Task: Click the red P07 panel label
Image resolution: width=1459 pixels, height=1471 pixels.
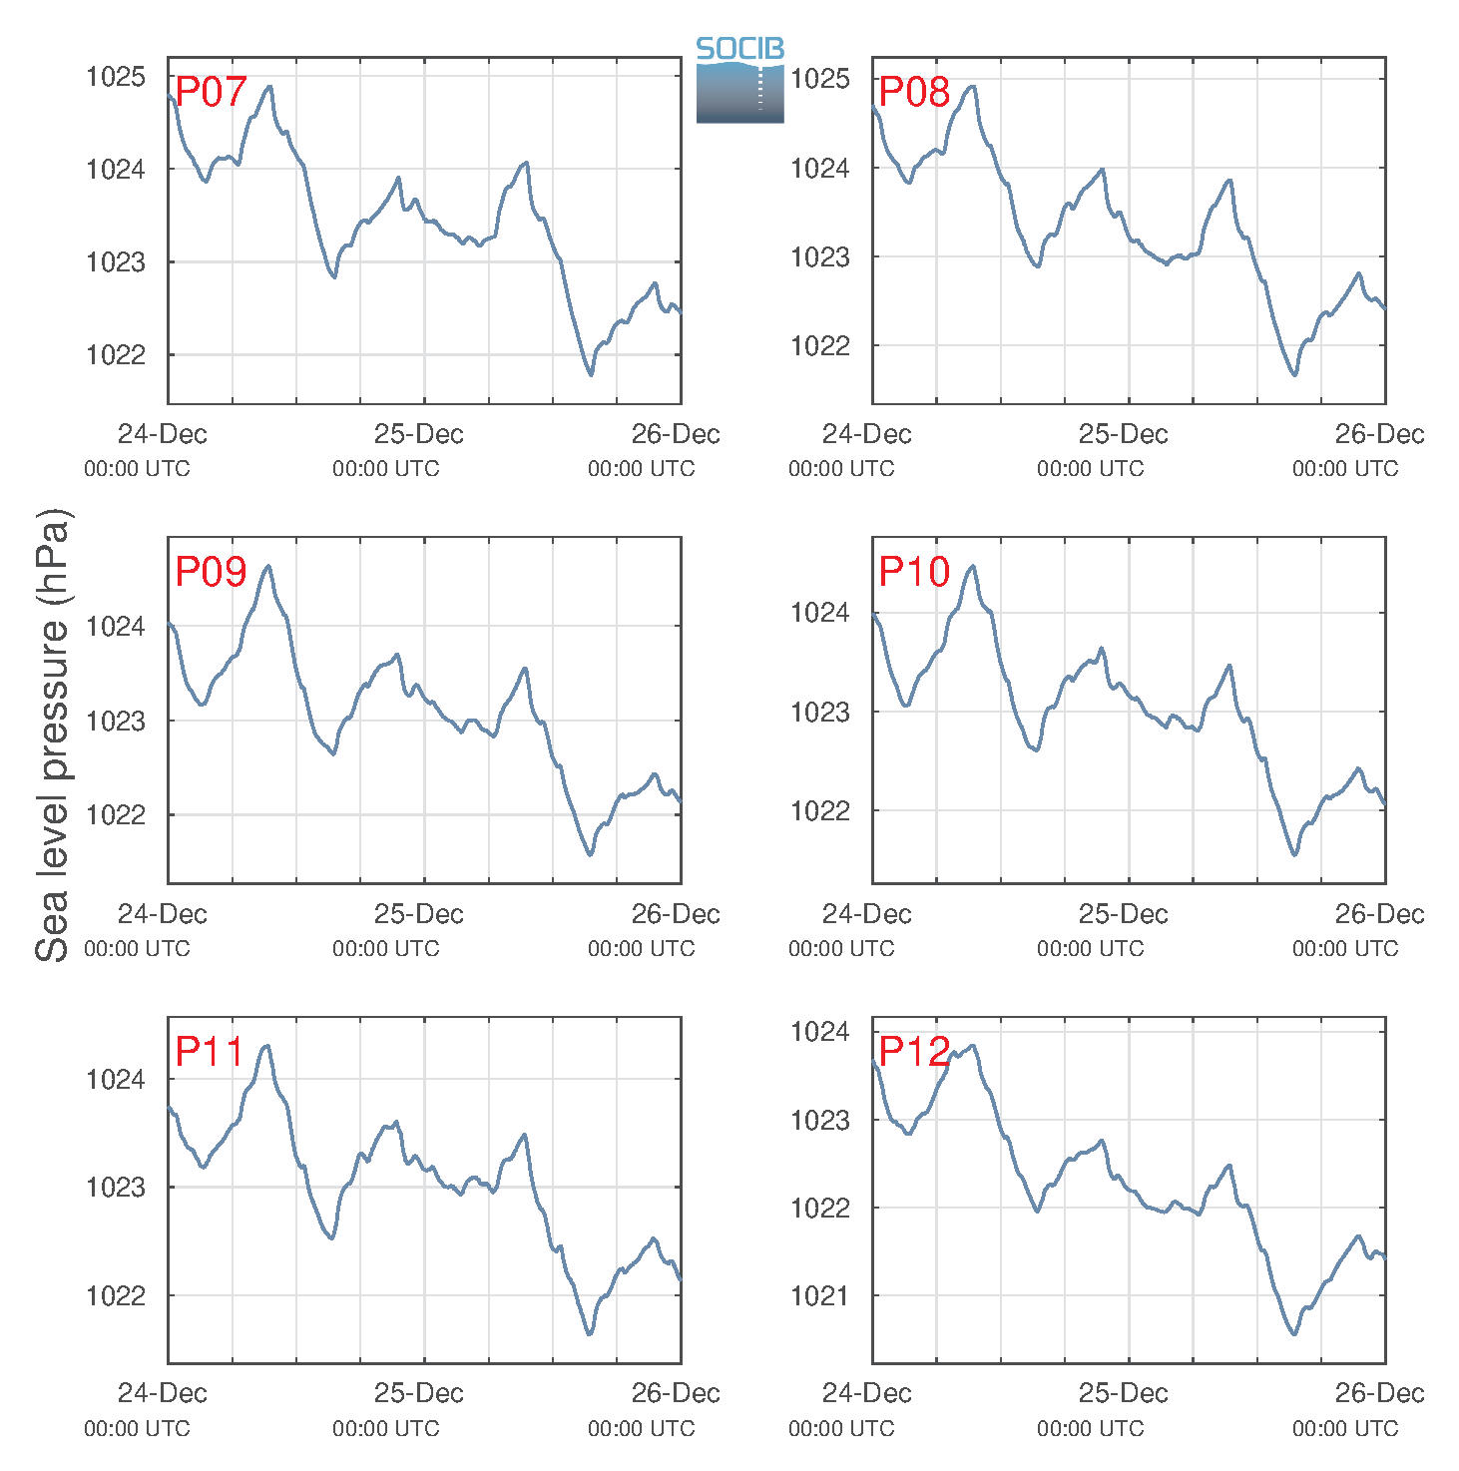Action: (x=211, y=92)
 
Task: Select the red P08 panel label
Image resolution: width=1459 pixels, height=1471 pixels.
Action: (x=914, y=92)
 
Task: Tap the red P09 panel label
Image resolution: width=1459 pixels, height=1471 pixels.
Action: (x=211, y=571)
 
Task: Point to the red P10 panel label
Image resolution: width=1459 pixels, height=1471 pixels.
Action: (x=914, y=571)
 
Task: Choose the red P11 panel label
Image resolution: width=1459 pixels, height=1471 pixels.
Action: (x=210, y=1051)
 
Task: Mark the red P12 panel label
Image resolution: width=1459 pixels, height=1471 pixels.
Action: (x=914, y=1051)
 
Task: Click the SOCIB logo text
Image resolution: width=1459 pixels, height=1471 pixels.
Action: (x=739, y=49)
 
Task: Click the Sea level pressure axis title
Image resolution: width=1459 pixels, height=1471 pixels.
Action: (x=53, y=735)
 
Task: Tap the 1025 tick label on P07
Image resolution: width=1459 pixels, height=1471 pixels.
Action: (x=116, y=76)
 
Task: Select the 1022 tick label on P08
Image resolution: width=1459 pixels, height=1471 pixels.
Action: (x=819, y=346)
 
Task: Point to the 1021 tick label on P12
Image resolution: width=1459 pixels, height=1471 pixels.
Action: (x=819, y=1295)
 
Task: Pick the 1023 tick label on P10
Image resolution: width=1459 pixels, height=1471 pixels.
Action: (x=819, y=713)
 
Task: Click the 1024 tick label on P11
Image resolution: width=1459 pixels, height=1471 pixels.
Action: (x=116, y=1080)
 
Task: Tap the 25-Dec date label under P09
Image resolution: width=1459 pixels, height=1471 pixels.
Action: (x=418, y=914)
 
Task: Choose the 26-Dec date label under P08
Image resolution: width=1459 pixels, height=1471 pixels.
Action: (x=1379, y=433)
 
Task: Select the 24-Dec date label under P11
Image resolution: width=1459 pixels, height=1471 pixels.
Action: (x=162, y=1393)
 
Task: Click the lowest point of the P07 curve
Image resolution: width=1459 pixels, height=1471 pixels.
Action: (x=590, y=375)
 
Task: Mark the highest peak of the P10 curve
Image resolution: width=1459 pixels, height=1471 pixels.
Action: (x=973, y=566)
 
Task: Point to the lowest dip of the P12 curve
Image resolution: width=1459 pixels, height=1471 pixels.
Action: (x=1294, y=1334)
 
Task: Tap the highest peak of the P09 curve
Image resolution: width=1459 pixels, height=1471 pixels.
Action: (x=268, y=566)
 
